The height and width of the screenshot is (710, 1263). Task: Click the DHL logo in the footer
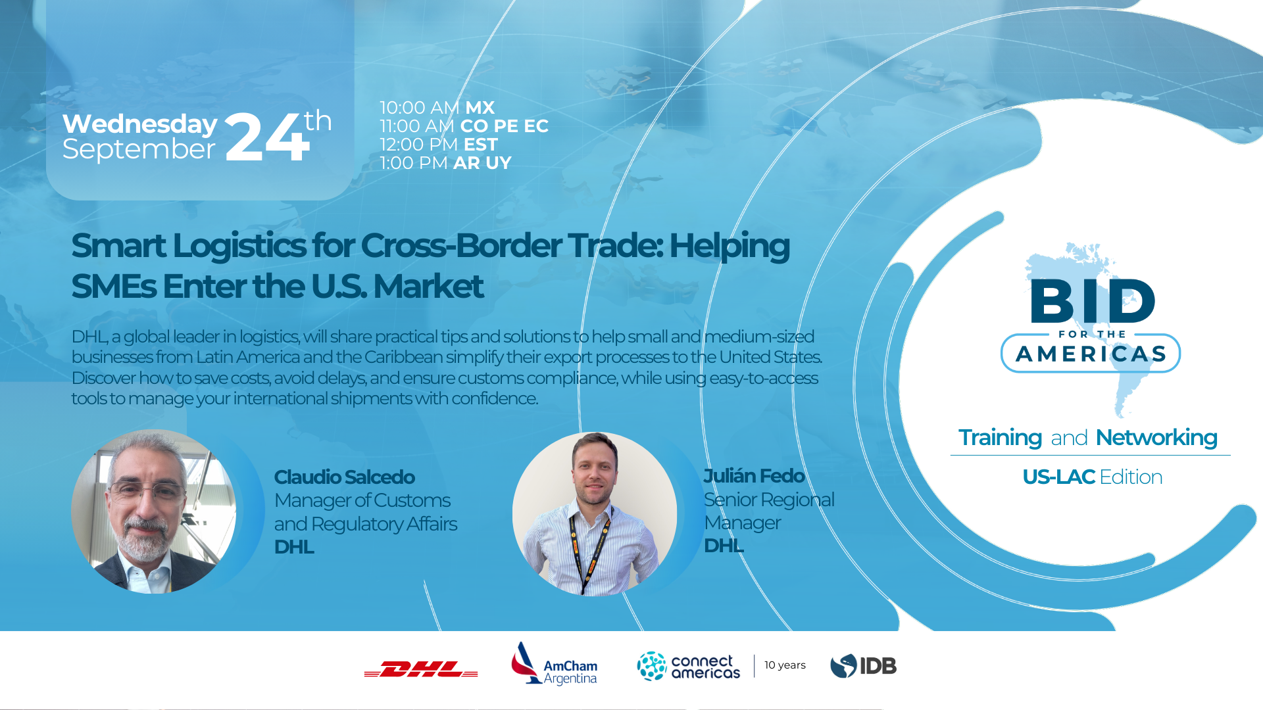tap(421, 669)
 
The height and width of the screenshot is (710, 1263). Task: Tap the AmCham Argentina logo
tap(554, 664)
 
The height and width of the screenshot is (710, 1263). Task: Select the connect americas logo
tap(688, 666)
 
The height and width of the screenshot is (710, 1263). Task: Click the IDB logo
tap(863, 666)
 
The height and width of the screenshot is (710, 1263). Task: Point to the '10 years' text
tap(785, 665)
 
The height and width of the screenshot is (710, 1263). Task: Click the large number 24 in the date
tap(266, 137)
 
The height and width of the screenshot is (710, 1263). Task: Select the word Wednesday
tap(140, 124)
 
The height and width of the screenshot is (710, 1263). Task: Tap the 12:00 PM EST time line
tap(439, 145)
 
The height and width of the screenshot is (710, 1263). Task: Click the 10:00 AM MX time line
tap(437, 108)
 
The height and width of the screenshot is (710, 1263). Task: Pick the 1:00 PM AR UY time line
tap(445, 163)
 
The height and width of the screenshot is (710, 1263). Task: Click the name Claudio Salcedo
tap(344, 477)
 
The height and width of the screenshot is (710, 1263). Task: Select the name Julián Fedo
tap(754, 476)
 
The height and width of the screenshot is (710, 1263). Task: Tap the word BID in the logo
tap(1093, 300)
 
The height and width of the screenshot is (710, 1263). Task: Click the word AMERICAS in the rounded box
tap(1091, 354)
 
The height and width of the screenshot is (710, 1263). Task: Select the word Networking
tap(1156, 438)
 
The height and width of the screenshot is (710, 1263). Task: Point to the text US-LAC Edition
tap(1093, 477)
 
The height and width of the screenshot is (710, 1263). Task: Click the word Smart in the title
tap(118, 246)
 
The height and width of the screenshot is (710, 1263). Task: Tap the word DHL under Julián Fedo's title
tap(724, 546)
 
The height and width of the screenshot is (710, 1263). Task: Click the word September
tap(139, 150)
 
